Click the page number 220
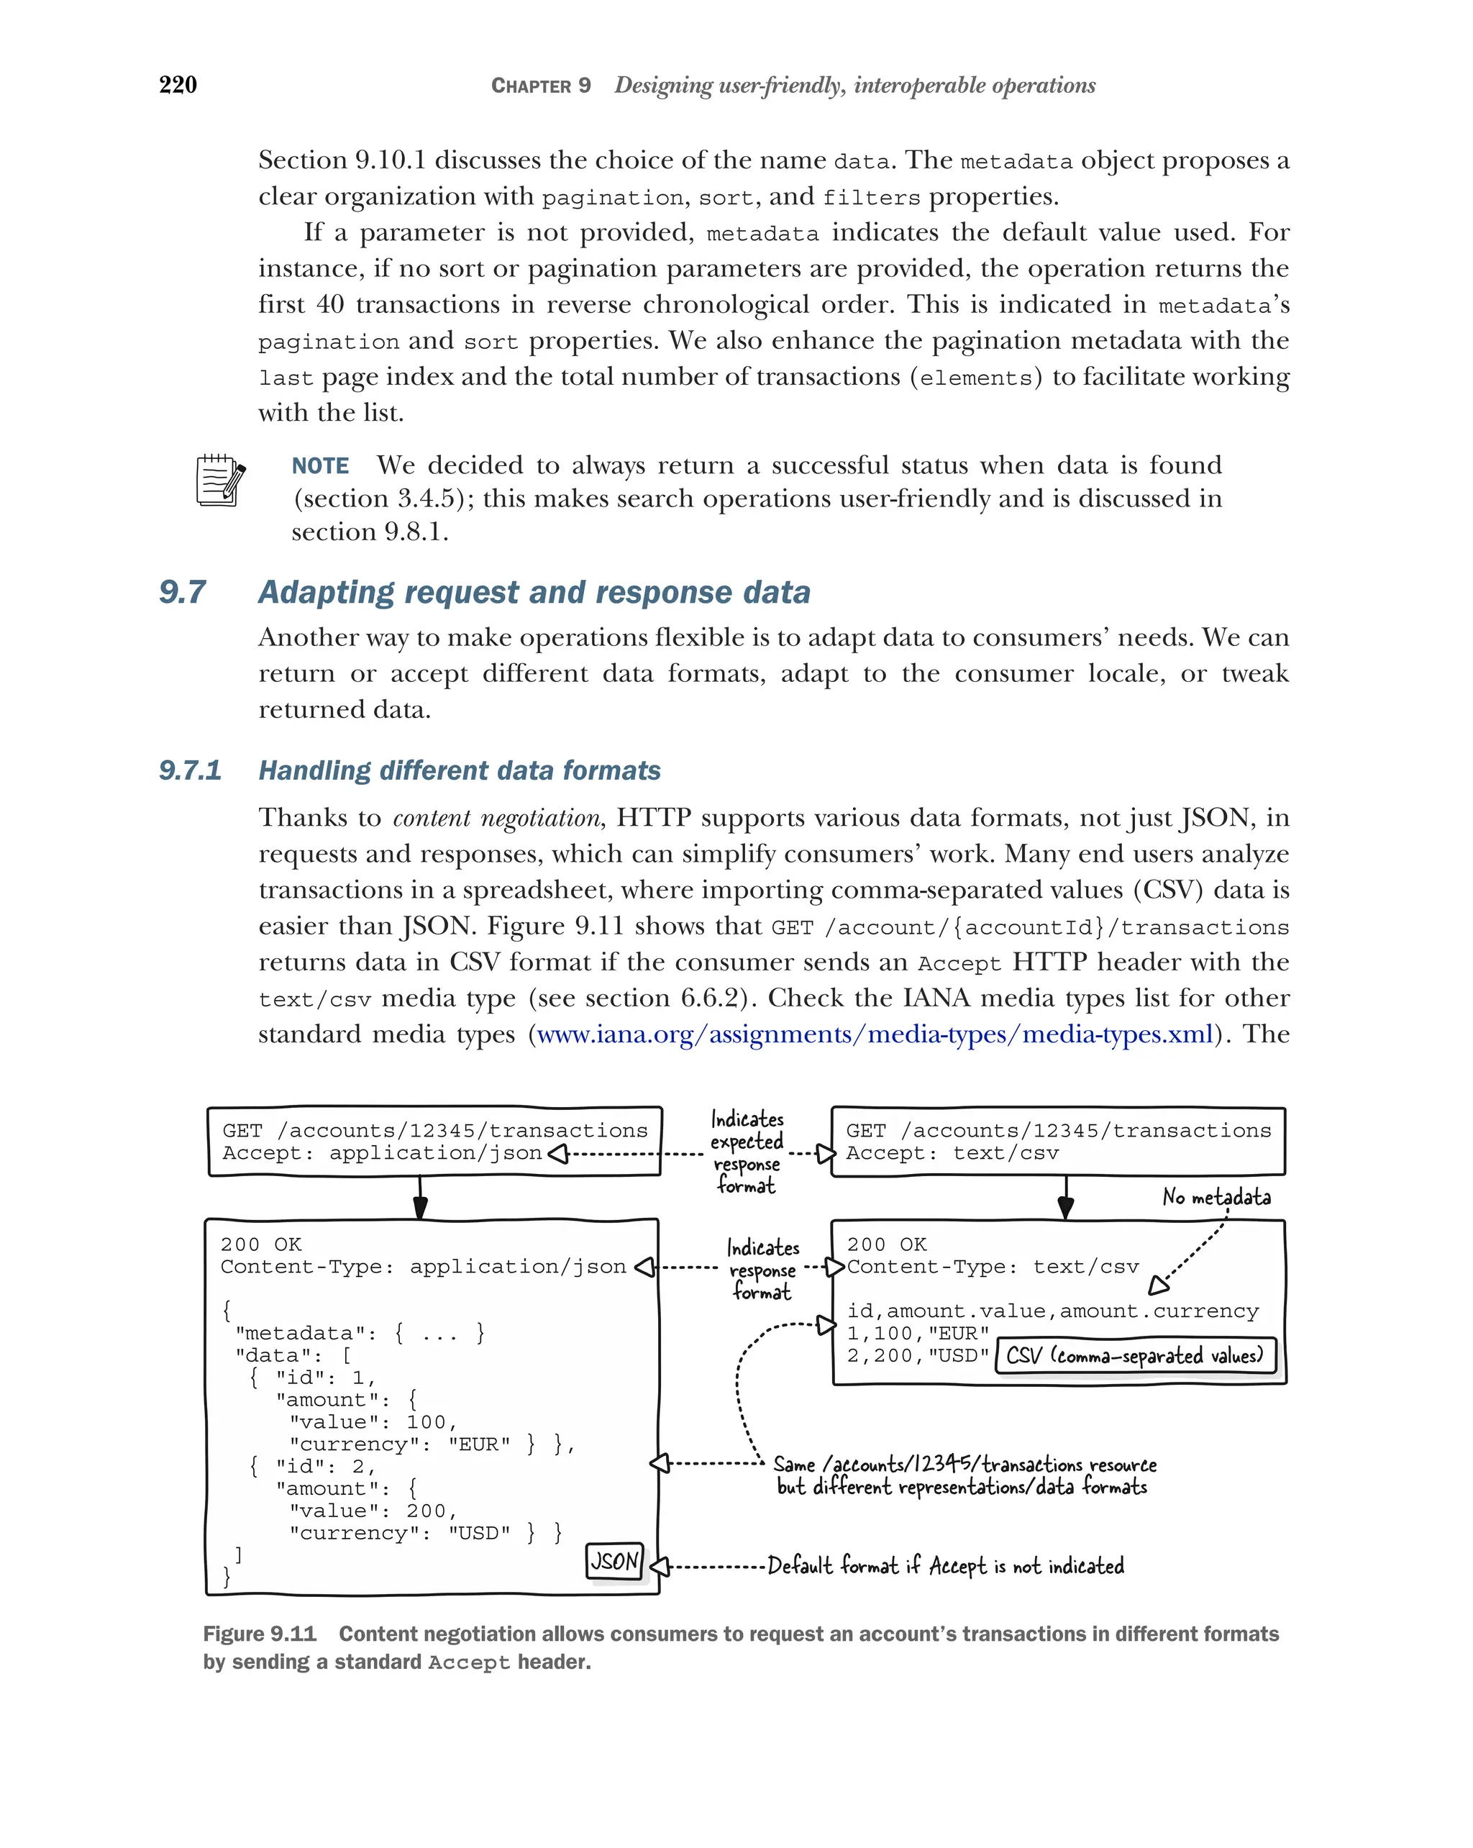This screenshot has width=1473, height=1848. tap(178, 84)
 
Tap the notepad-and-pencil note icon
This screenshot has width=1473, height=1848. tap(220, 480)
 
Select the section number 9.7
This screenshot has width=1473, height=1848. tap(183, 591)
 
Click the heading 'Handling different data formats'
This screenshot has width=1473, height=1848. tap(460, 770)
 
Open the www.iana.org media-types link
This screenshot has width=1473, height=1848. tap(874, 1034)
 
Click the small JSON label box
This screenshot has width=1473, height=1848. tap(614, 1560)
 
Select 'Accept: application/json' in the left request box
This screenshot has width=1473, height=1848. tap(381, 1153)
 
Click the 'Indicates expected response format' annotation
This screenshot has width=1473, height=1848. tap(747, 1152)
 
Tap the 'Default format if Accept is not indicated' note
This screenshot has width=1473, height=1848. tap(944, 1565)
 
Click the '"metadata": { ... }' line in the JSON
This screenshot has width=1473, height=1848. tap(359, 1333)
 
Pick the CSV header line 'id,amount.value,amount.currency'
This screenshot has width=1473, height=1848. tap(1052, 1311)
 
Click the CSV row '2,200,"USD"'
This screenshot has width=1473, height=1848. tap(917, 1355)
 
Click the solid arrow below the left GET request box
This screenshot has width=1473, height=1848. tap(420, 1198)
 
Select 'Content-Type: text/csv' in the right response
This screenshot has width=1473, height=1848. tap(993, 1267)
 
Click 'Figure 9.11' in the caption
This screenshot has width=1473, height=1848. tap(259, 1634)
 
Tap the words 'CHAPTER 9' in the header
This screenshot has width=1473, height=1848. tap(540, 85)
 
